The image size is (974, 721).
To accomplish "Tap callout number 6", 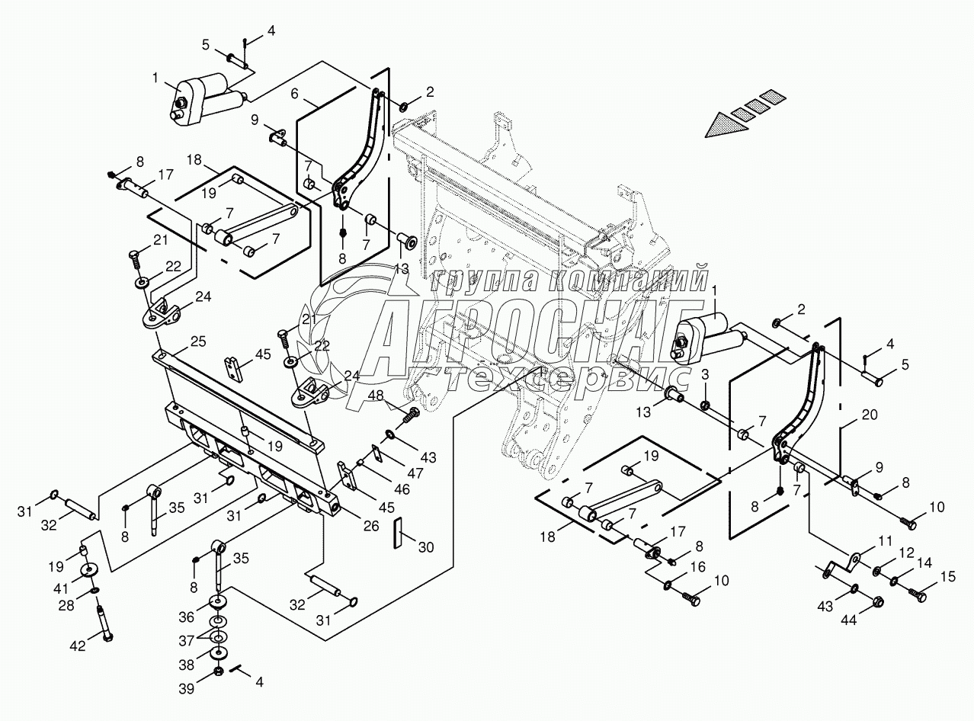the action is click(x=294, y=93).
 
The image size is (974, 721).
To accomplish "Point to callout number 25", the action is click(x=199, y=341).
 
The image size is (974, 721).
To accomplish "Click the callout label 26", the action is click(x=371, y=526).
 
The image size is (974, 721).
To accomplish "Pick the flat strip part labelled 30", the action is click(x=398, y=533).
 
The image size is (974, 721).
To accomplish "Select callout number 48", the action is click(x=376, y=396).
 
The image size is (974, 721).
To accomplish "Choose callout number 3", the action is click(x=705, y=374).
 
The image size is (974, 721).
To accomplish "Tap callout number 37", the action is click(x=186, y=641).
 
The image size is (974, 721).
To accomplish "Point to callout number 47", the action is click(x=415, y=473).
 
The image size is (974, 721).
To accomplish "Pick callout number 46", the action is click(x=402, y=489).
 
